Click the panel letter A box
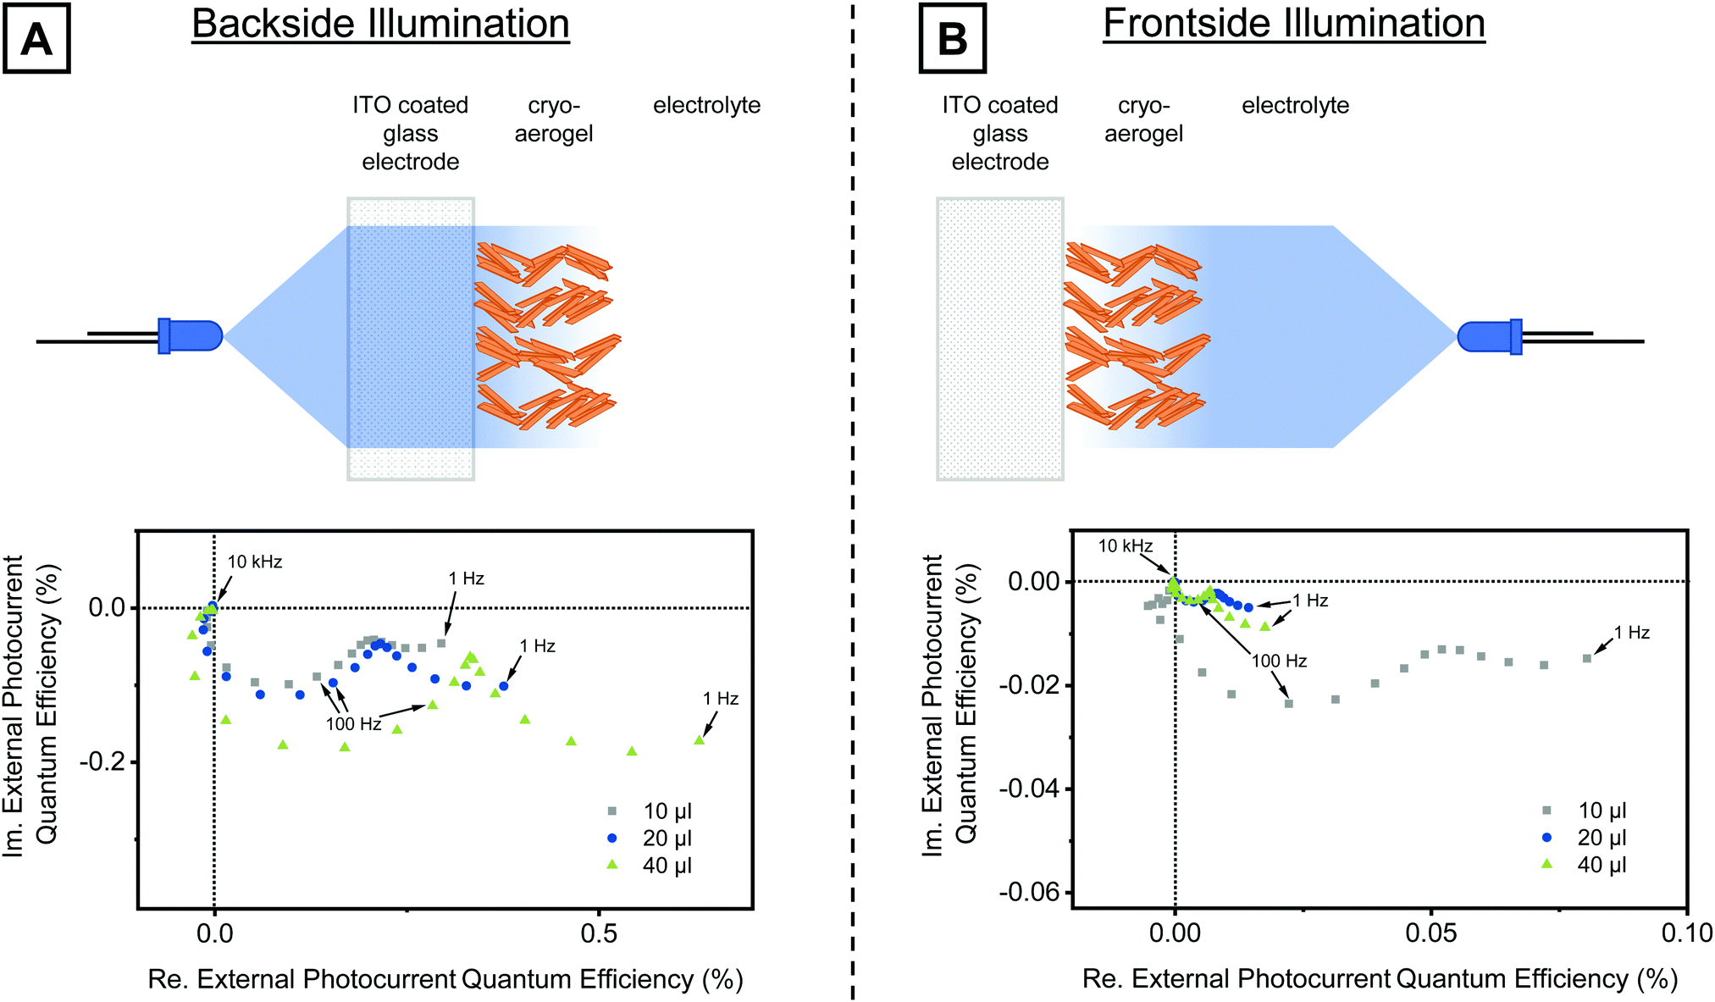click(36, 39)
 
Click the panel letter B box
click(953, 39)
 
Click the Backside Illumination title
click(380, 24)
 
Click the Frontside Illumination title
click(1293, 24)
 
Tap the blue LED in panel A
click(191, 335)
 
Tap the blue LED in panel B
click(1489, 336)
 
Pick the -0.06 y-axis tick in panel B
click(1029, 892)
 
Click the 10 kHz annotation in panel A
click(254, 562)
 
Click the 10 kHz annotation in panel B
click(1125, 546)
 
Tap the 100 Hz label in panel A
click(353, 724)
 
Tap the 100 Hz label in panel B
click(1279, 661)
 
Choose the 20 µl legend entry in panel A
click(667, 839)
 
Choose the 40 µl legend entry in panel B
click(1601, 865)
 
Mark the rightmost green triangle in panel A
click(700, 740)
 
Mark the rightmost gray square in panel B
click(1587, 658)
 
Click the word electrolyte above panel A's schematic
click(706, 106)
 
